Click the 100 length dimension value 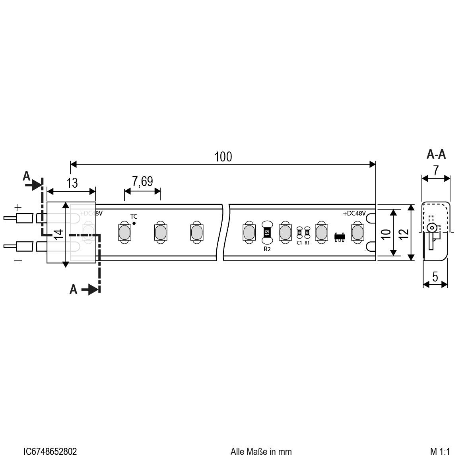223,157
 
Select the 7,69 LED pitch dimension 142,182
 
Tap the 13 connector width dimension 72,183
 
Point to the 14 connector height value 59,234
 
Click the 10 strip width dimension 385,233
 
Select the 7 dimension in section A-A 435,171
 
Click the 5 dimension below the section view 435,277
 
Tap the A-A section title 436,154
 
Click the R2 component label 267,249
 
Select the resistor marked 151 267,232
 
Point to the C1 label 299,242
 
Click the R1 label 307,242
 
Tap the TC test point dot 134,223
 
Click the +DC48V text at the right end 354,214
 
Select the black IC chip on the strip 340,237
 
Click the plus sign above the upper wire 18,207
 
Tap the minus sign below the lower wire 18,260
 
